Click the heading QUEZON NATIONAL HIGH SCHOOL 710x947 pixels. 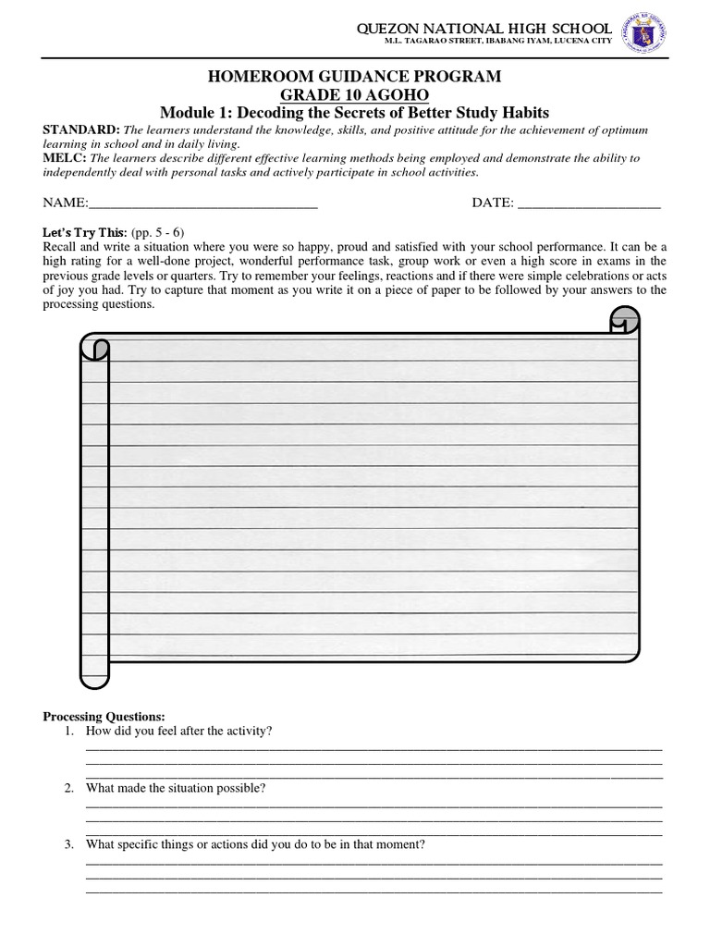[484, 30]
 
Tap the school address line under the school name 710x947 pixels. [484, 45]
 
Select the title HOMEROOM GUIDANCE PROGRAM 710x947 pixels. [355, 78]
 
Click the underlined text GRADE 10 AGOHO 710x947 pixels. [355, 95]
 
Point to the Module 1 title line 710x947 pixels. [355, 113]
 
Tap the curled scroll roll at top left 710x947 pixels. [95, 349]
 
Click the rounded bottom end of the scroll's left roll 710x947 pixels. [95, 681]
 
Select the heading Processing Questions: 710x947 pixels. [104, 717]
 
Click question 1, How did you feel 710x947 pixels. [178, 732]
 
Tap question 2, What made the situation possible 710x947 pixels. [176, 788]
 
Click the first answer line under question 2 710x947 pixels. [373, 806]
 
